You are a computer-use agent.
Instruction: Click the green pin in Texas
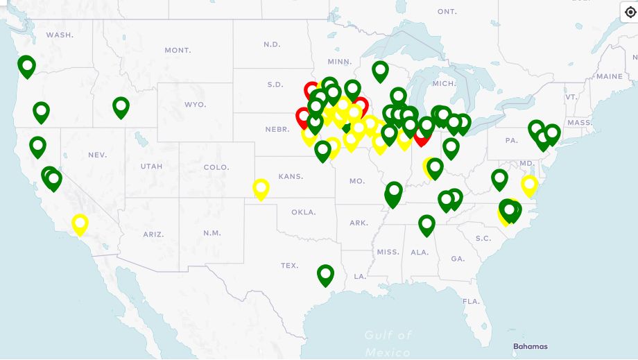point(325,275)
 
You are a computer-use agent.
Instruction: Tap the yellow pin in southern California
point(80,224)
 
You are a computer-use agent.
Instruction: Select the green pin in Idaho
point(121,107)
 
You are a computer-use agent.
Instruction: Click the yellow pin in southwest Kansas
point(261,188)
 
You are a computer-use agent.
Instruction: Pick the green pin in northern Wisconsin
point(380,70)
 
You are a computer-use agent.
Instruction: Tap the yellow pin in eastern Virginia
point(529,185)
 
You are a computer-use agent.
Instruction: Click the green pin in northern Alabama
point(426,224)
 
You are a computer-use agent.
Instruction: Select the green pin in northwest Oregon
point(26,67)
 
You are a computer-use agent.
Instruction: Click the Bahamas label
point(530,346)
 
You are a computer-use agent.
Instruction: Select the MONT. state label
point(178,50)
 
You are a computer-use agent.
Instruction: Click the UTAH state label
point(151,166)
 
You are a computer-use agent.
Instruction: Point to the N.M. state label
point(213,233)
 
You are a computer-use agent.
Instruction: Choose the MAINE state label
point(609,76)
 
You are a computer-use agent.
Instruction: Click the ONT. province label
point(447,12)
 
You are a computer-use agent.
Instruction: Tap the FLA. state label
point(472,301)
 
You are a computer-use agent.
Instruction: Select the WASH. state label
point(60,35)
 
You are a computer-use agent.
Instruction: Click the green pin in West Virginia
point(499,179)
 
